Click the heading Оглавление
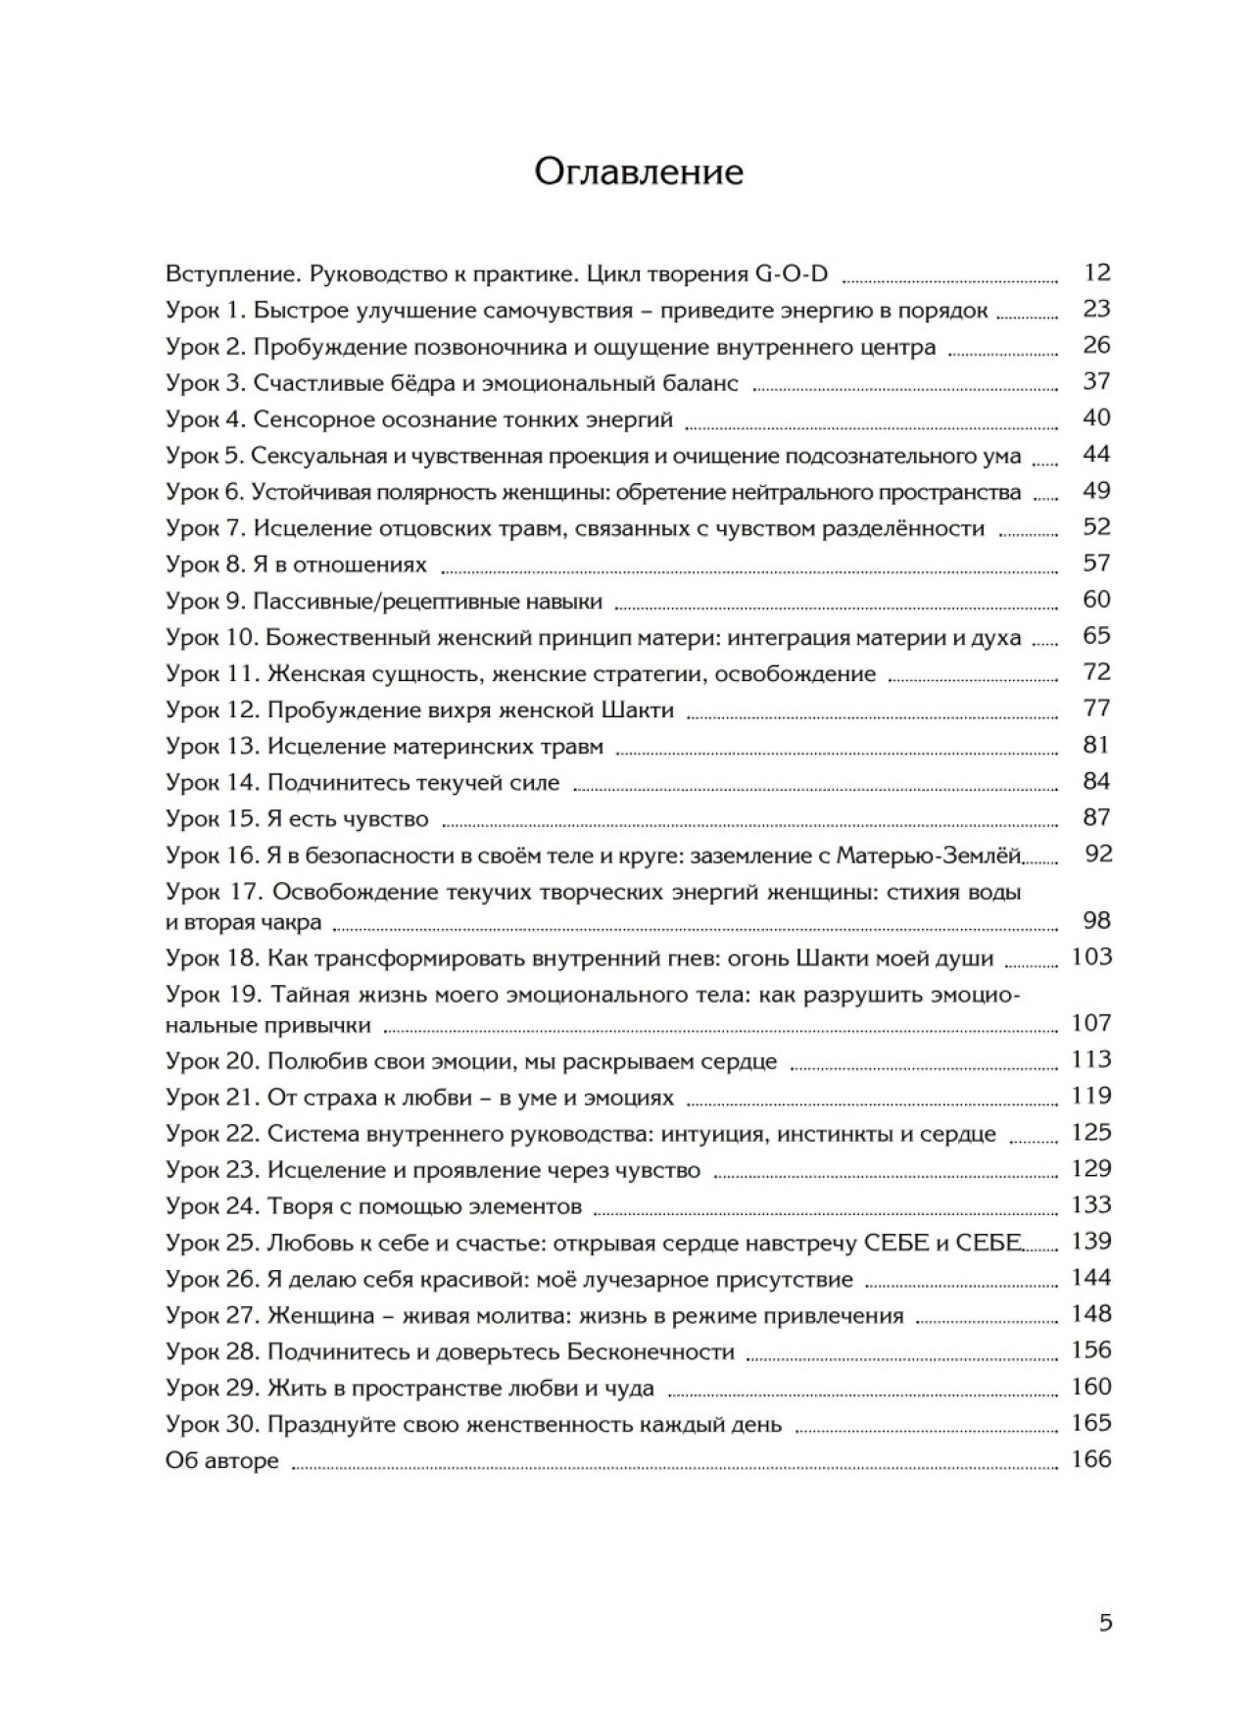[x=639, y=171]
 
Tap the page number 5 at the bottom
[x=1105, y=1623]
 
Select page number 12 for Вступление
[x=1096, y=272]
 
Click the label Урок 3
[x=206, y=382]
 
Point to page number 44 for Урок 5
[x=1096, y=454]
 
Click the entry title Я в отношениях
[x=340, y=564]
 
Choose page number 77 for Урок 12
[x=1096, y=709]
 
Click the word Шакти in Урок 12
[x=637, y=710]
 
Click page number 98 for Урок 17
[x=1096, y=920]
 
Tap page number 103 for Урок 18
[x=1091, y=956]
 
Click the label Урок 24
[x=213, y=1205]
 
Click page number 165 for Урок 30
[x=1091, y=1422]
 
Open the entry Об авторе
[x=222, y=1460]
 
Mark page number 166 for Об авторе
[x=1091, y=1459]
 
